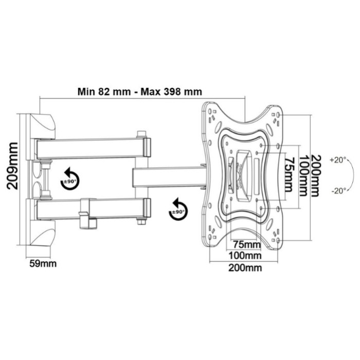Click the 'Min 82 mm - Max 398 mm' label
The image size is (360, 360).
tap(140, 92)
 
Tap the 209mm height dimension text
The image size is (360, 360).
tap(12, 166)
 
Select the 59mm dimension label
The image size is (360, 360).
tap(43, 263)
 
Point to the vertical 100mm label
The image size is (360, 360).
tap(303, 176)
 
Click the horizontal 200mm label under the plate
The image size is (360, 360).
tap(245, 268)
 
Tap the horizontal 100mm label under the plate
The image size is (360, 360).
tap(245, 255)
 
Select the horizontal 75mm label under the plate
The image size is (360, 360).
tap(247, 244)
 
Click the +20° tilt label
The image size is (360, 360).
tap(338, 160)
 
